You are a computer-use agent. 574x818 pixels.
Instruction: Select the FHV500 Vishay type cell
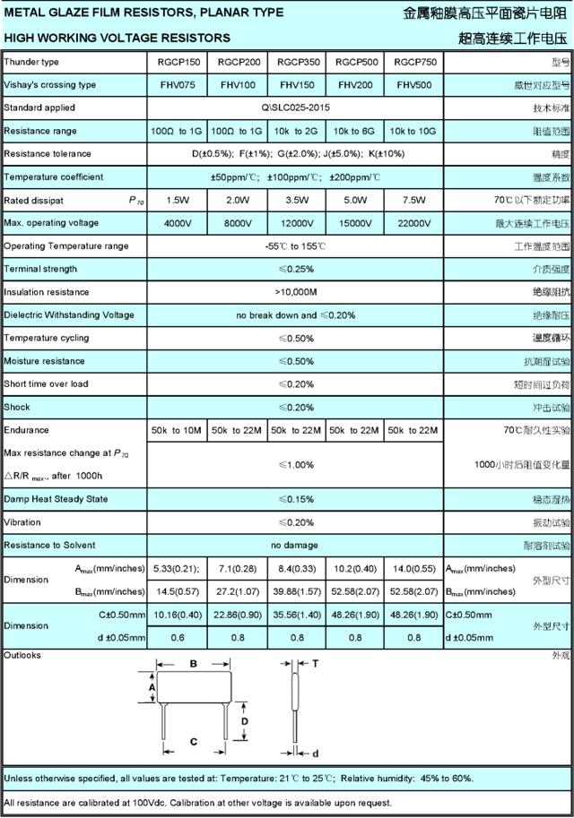point(414,85)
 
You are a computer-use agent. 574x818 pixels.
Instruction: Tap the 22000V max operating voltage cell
point(414,223)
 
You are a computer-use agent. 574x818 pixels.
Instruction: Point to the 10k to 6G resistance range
point(355,131)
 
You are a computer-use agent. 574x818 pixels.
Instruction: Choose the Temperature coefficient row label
point(54,177)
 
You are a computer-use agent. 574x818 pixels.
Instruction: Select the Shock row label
point(17,408)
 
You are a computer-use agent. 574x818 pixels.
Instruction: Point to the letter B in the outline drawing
point(192,664)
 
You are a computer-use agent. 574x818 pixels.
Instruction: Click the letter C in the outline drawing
point(192,741)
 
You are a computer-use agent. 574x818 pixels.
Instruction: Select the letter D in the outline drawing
point(243,720)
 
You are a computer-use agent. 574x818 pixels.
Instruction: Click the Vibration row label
point(22,522)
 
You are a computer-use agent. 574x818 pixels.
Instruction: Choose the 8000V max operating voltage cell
point(237,223)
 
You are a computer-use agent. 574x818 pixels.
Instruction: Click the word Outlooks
point(22,656)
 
